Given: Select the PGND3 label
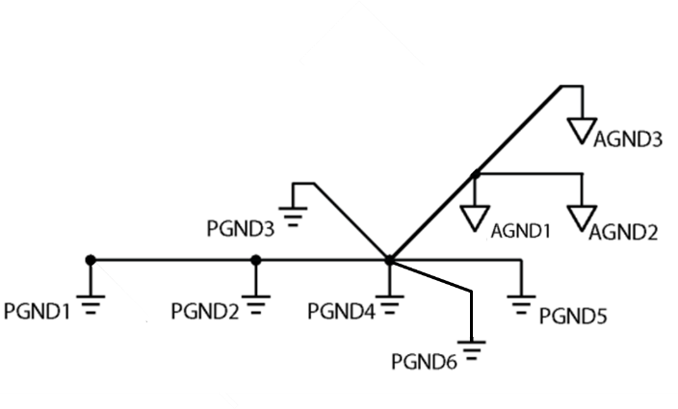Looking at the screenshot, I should [241, 229].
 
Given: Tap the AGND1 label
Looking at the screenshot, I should [520, 231].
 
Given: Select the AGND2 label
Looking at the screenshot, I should [623, 231].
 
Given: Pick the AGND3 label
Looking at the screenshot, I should [627, 140].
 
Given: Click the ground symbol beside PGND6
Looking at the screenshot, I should [472, 350].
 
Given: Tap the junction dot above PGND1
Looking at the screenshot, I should [90, 260].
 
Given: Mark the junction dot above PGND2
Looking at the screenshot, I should [256, 260].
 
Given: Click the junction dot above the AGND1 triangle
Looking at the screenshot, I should [475, 174].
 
